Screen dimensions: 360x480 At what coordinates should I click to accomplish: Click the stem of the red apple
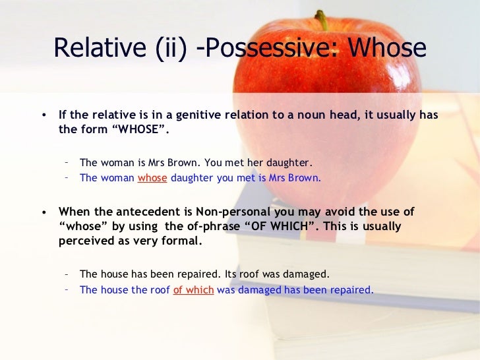322,20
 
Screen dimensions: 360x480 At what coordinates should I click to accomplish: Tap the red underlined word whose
152,177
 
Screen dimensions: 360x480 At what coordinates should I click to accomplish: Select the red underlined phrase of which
193,289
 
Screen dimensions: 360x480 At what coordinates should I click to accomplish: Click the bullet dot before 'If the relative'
44,115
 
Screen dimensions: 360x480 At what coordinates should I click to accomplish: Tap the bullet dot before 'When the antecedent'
44,212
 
